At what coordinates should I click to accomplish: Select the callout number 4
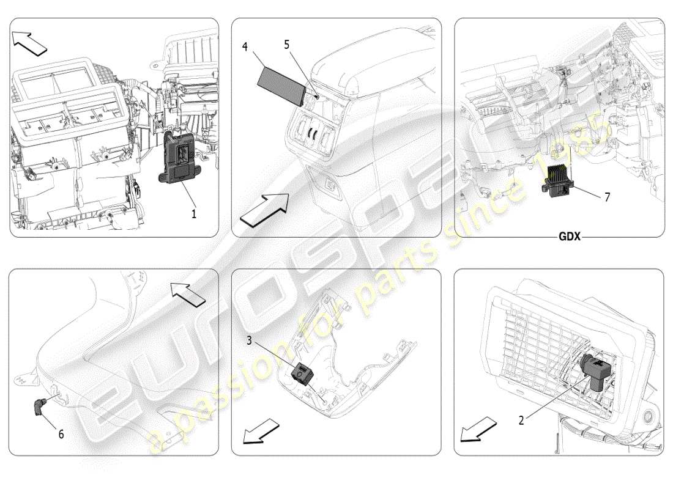[x=245, y=46]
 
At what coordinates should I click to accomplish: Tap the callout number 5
[x=286, y=44]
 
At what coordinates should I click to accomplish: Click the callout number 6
[x=61, y=434]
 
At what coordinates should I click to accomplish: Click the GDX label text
[x=569, y=237]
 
